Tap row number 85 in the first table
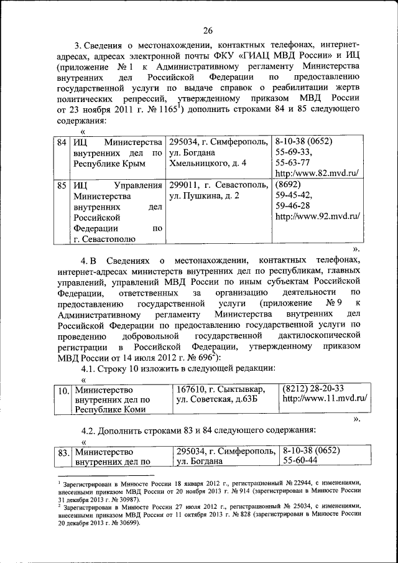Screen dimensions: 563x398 [x=62, y=185]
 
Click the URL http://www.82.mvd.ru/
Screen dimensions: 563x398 [x=317, y=174]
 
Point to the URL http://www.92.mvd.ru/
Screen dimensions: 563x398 [x=317, y=216]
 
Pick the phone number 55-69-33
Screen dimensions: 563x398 [x=294, y=152]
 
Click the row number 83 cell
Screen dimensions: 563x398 [x=62, y=451]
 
